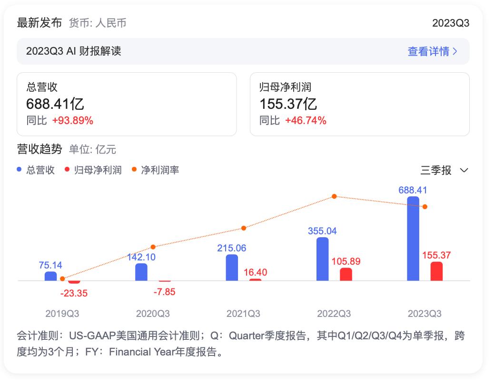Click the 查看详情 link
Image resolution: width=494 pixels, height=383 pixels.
[432, 51]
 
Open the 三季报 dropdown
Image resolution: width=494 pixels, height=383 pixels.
[444, 170]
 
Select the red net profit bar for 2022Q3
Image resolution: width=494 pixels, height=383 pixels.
[346, 274]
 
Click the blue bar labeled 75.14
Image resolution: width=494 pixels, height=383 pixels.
[51, 276]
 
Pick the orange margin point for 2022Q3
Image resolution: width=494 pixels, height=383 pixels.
[334, 196]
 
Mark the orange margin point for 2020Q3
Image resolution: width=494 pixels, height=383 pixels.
[153, 247]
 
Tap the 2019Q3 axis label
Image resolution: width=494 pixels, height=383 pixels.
[62, 314]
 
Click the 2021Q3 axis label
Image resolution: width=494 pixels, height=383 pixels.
[243, 314]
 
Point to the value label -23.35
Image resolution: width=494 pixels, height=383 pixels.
[74, 293]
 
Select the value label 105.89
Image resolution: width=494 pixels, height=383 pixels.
[346, 261]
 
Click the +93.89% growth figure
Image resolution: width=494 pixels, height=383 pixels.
[73, 121]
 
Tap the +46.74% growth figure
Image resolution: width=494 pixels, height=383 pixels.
[306, 121]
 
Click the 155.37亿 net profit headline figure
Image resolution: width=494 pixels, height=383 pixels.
[288, 104]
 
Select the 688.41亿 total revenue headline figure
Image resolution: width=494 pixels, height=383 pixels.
[55, 104]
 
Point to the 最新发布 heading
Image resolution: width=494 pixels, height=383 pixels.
[40, 23]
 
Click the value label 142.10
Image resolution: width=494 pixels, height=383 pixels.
[142, 257]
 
